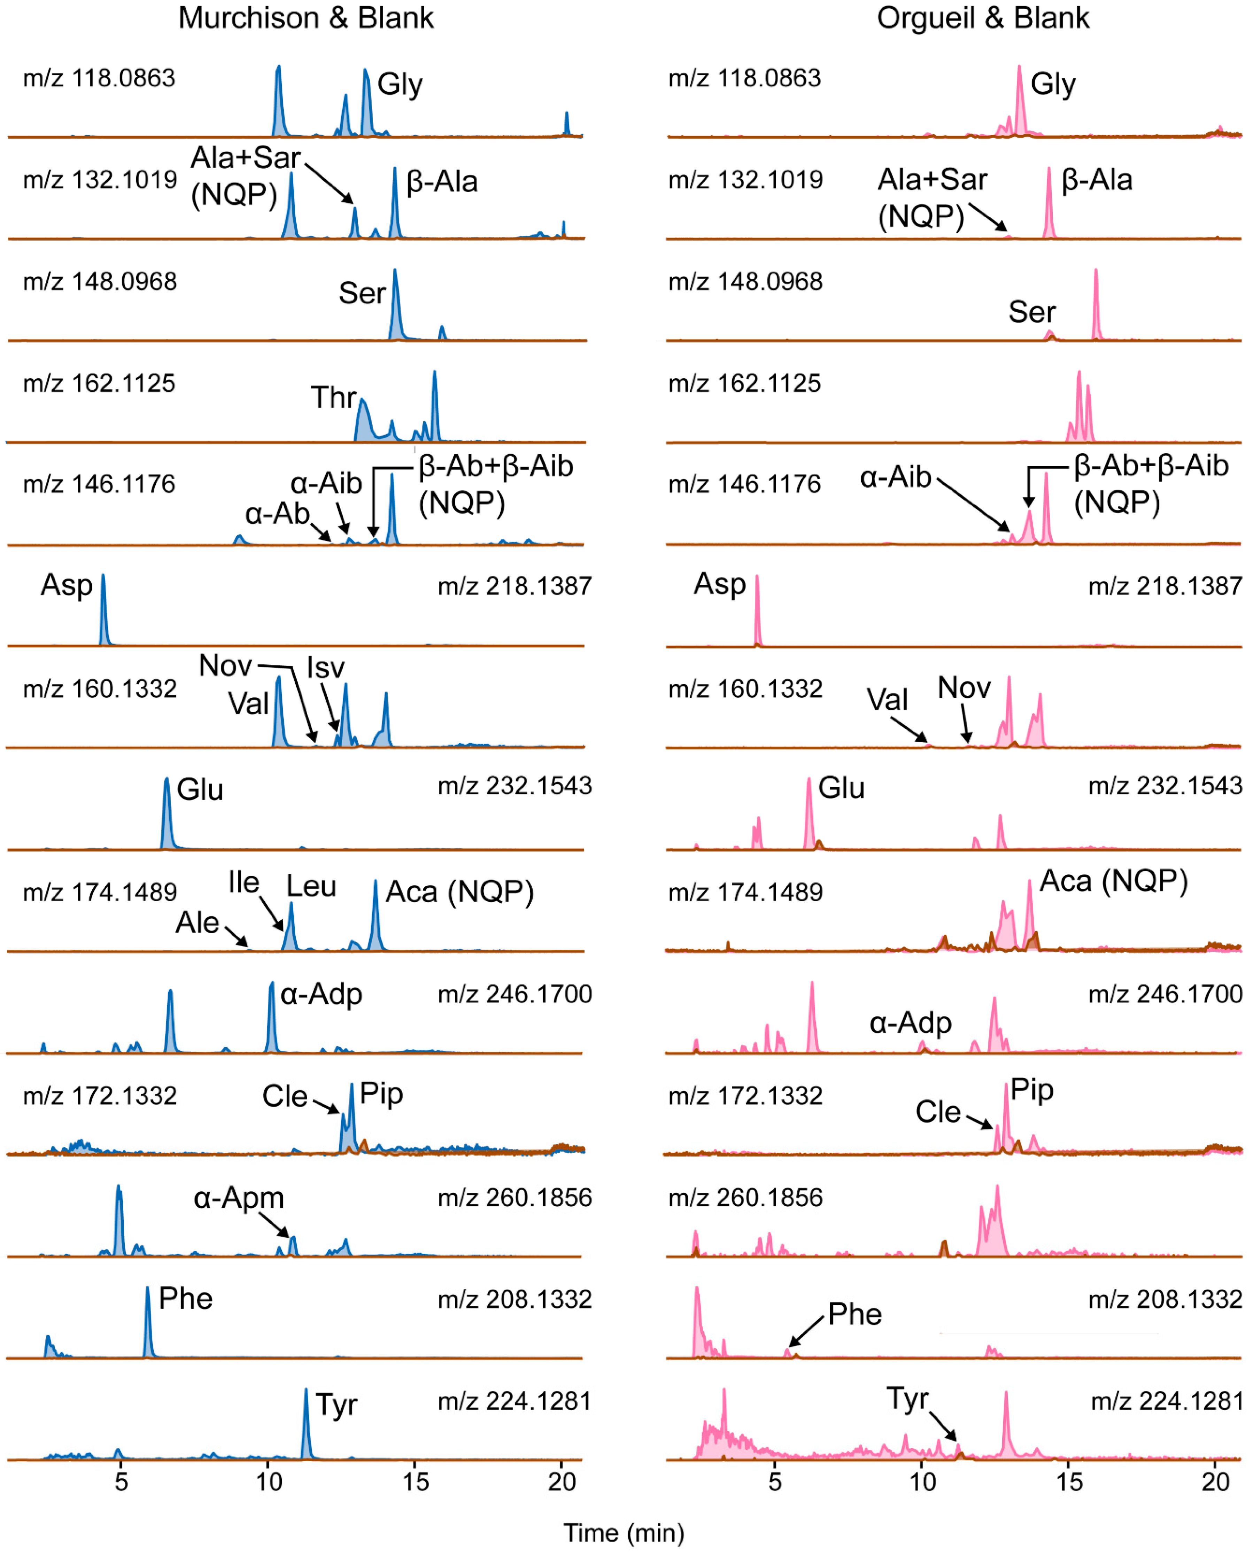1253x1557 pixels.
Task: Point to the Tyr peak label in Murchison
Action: click(337, 1404)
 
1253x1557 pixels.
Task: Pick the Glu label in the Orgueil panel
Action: click(841, 788)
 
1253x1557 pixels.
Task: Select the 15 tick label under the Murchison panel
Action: click(415, 1482)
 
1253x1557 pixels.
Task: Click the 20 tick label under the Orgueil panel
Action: click(1215, 1482)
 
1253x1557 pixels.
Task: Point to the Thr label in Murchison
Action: click(334, 397)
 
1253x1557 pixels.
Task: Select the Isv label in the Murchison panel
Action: click(326, 668)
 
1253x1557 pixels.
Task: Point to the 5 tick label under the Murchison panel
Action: click(121, 1482)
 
